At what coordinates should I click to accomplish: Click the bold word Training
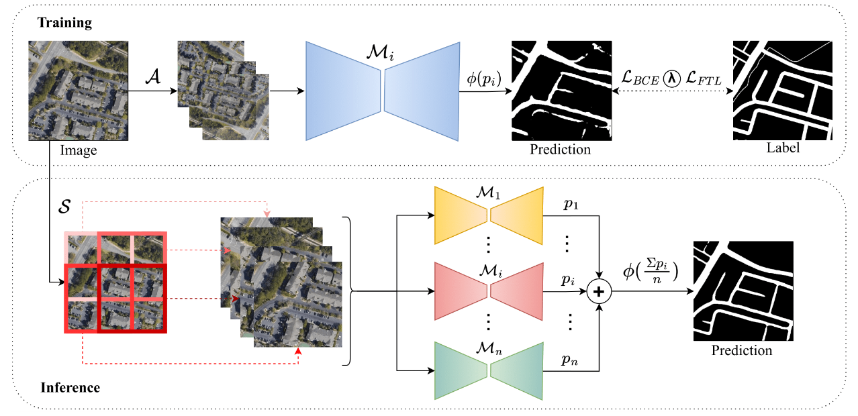(64, 23)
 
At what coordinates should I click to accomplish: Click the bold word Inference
(70, 387)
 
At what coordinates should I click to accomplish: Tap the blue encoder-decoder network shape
(383, 91)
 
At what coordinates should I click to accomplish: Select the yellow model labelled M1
(488, 215)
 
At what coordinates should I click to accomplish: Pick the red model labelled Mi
(488, 290)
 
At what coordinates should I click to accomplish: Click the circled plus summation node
(598, 292)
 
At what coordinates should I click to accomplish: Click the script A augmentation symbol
(152, 77)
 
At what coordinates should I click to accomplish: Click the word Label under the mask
(783, 148)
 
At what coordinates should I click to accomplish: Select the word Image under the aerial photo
(79, 150)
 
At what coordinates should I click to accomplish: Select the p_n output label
(571, 360)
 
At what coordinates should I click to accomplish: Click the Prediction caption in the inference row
(742, 350)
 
